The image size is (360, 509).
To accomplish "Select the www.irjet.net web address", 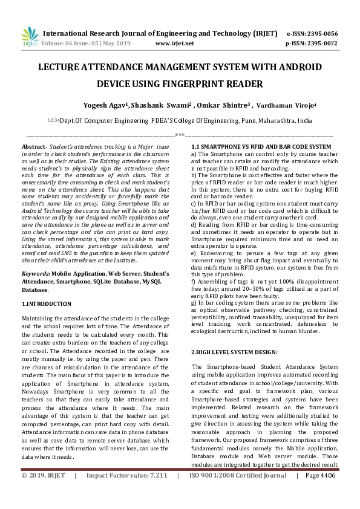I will click(175, 44).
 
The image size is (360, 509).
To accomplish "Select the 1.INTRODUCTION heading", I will click(47, 303).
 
